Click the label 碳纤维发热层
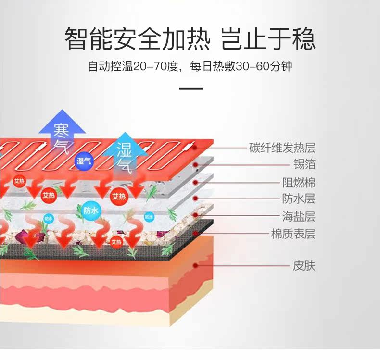click(x=282, y=148)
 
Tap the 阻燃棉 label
click(x=298, y=183)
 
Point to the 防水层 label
click(x=298, y=199)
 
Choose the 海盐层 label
click(x=298, y=216)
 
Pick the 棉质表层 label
click(x=293, y=234)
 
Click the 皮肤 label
click(x=304, y=265)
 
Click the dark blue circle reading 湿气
click(x=84, y=160)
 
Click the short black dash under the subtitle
click(x=191, y=89)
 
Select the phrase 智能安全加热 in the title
click(x=138, y=39)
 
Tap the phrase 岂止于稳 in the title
click(x=268, y=39)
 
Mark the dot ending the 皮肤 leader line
click(x=196, y=265)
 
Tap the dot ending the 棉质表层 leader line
click(x=196, y=234)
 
